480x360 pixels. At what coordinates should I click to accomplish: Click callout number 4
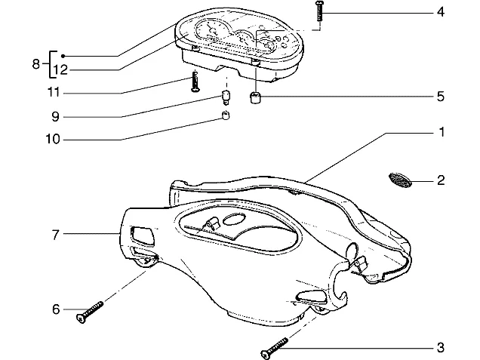pyautogui.click(x=440, y=12)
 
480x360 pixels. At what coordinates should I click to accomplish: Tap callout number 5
pyautogui.click(x=440, y=97)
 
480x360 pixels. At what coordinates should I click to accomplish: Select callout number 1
pyautogui.click(x=442, y=132)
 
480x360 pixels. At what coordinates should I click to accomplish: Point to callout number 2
pyautogui.click(x=441, y=180)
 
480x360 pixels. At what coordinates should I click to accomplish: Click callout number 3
pyautogui.click(x=440, y=348)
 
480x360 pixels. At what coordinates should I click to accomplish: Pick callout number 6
pyautogui.click(x=56, y=309)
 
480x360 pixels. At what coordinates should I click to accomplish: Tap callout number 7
pyautogui.click(x=55, y=235)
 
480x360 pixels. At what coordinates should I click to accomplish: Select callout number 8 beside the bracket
pyautogui.click(x=35, y=64)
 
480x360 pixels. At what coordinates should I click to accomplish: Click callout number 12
pyautogui.click(x=60, y=70)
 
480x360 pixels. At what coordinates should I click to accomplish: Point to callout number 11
pyautogui.click(x=54, y=92)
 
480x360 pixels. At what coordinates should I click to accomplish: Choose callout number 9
pyautogui.click(x=55, y=117)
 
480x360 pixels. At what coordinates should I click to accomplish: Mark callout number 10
pyautogui.click(x=52, y=140)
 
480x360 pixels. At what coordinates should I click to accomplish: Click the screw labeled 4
pyautogui.click(x=319, y=11)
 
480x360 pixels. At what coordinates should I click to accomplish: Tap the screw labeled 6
pyautogui.click(x=90, y=312)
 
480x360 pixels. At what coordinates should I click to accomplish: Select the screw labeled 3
pyautogui.click(x=274, y=349)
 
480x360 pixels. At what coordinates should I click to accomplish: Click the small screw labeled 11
pyautogui.click(x=195, y=81)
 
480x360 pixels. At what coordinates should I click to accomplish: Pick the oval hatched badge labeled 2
pyautogui.click(x=400, y=180)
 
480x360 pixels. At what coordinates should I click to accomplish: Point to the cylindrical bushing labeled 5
pyautogui.click(x=255, y=98)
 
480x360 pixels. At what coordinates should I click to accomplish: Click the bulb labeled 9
pyautogui.click(x=226, y=97)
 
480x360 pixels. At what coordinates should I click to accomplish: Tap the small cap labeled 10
pyautogui.click(x=226, y=115)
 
